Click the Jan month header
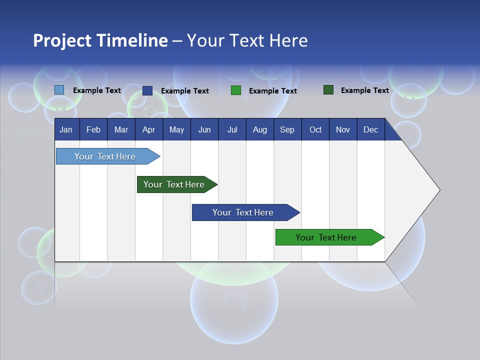tap(66, 129)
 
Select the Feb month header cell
tap(93, 129)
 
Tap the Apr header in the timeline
tap(148, 129)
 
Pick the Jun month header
tap(204, 129)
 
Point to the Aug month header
tap(259, 129)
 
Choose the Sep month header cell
tap(287, 129)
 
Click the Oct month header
tap(315, 129)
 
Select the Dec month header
tap(370, 129)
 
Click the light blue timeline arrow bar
tap(105, 156)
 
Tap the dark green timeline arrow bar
tap(174, 184)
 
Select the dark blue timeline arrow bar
tap(243, 212)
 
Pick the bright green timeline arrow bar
tap(326, 237)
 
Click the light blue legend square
tap(59, 90)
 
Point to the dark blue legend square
tap(147, 90)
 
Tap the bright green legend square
tap(236, 90)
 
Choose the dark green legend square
tap(328, 90)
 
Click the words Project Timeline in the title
tap(100, 40)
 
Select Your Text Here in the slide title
tap(247, 40)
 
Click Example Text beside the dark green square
tap(364, 90)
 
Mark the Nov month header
tap(343, 129)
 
